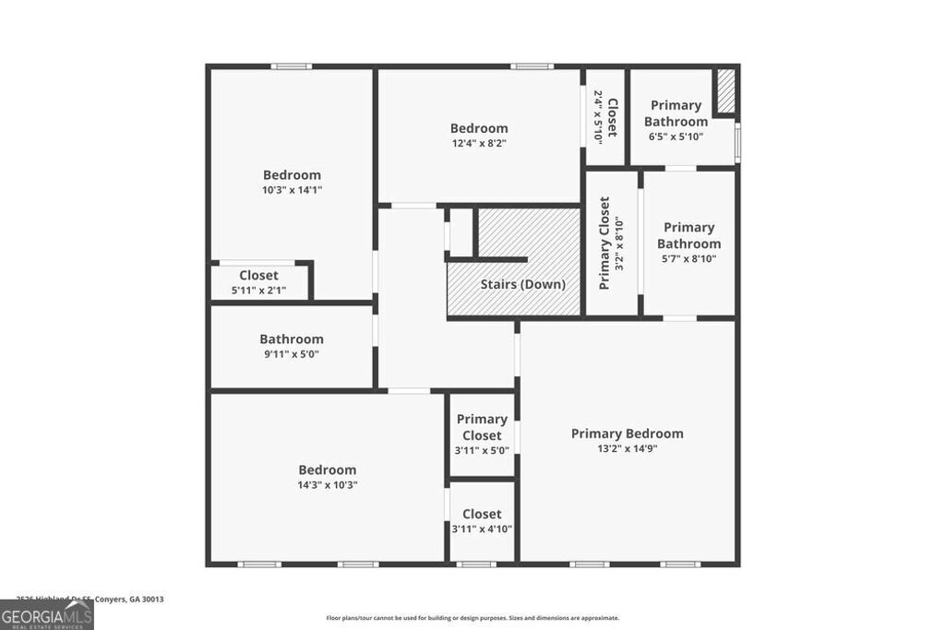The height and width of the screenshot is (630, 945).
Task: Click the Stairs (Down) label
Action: (522, 284)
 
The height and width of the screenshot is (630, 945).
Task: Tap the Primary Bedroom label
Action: (627, 434)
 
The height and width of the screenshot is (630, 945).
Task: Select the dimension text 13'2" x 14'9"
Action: (627, 449)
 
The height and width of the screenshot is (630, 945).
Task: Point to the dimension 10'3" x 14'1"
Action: (292, 189)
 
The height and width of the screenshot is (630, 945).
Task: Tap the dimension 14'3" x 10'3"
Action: (327, 484)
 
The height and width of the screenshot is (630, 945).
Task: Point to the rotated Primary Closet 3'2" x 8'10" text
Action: (612, 243)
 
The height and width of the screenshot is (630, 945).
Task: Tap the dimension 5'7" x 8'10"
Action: (688, 258)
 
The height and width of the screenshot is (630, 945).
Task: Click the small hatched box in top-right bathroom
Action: (725, 91)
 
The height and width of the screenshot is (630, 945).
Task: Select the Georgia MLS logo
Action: (46, 614)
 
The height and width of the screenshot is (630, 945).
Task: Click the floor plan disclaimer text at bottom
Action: (472, 618)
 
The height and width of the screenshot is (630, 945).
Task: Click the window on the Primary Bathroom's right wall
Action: (737, 142)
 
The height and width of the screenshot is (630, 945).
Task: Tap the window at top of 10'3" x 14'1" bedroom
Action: (291, 65)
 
